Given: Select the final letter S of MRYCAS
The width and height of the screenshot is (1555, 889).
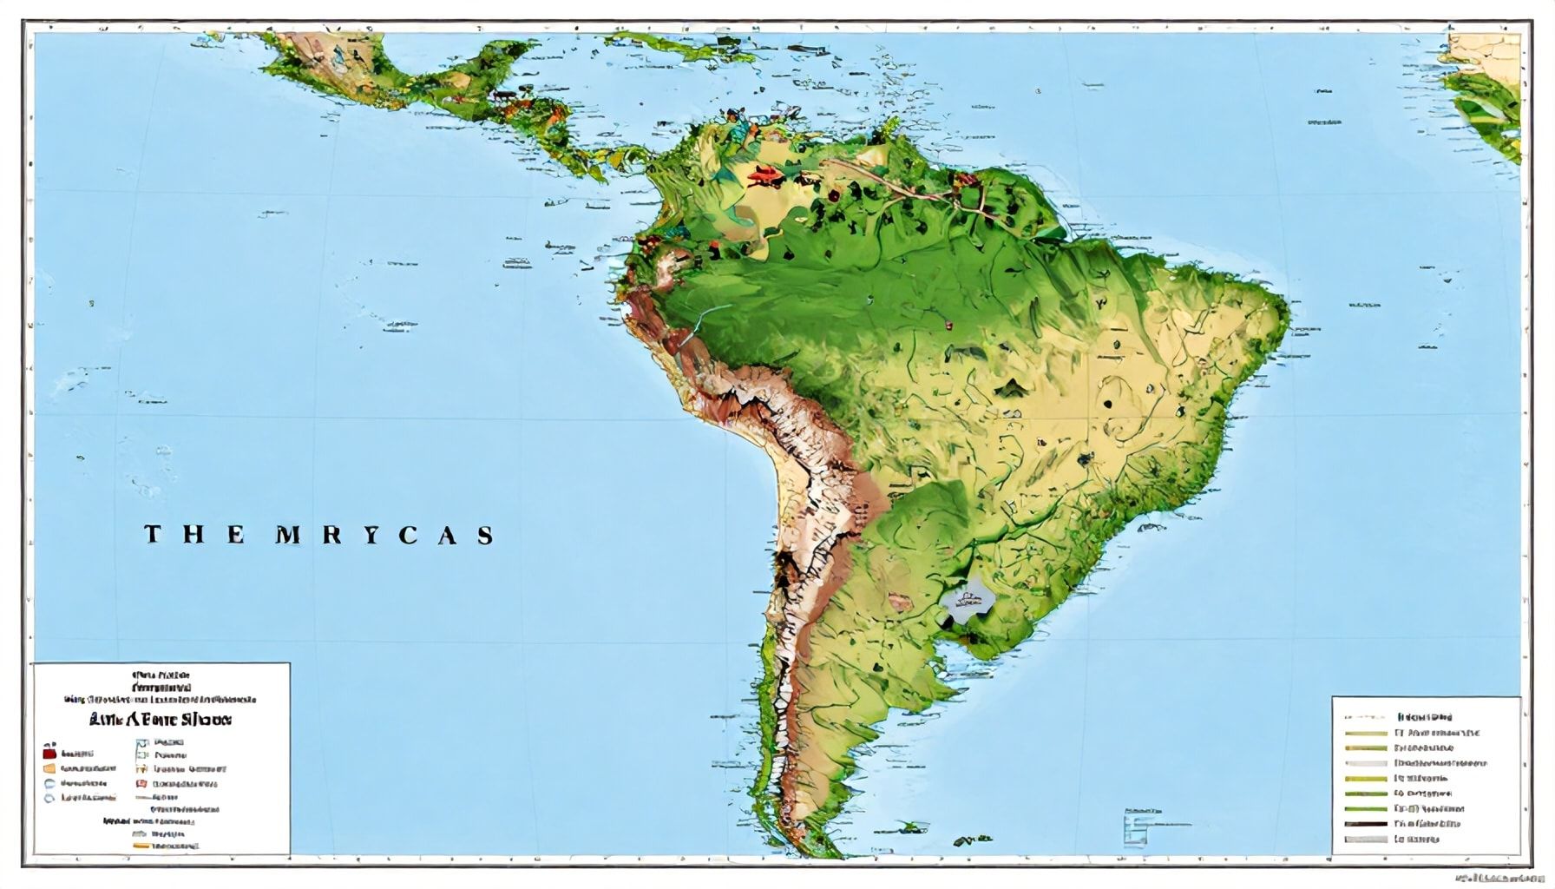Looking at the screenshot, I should pos(485,535).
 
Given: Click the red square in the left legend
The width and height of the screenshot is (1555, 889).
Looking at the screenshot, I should pos(49,754).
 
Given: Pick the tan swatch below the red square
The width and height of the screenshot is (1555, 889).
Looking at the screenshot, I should pos(49,768).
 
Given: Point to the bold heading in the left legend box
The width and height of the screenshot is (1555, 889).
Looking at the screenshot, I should pos(161,720).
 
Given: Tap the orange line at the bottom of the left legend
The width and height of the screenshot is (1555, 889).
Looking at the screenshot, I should pos(141,845).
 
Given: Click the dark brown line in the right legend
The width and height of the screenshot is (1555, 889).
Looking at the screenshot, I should pos(1365,824).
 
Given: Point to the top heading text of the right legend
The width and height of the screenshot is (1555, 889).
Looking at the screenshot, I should pos(1424,718).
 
